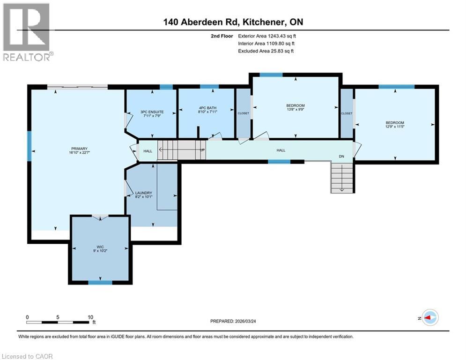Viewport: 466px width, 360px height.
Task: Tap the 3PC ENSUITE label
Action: tap(152, 112)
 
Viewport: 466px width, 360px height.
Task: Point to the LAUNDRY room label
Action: tap(143, 193)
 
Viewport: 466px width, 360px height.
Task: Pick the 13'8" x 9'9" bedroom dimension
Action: tap(296, 110)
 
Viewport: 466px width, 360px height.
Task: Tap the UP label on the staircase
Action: tap(202, 150)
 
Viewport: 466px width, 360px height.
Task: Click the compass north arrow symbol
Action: tap(429, 318)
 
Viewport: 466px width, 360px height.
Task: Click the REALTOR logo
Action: tap(27, 32)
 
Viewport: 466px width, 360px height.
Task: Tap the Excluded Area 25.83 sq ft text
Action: tap(266, 51)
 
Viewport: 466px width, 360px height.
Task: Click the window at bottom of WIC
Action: tap(100, 282)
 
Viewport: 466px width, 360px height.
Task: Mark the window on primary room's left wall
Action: tap(29, 146)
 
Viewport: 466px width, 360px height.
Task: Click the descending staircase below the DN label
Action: tap(341, 178)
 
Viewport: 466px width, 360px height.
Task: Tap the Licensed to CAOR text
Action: tap(28, 356)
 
